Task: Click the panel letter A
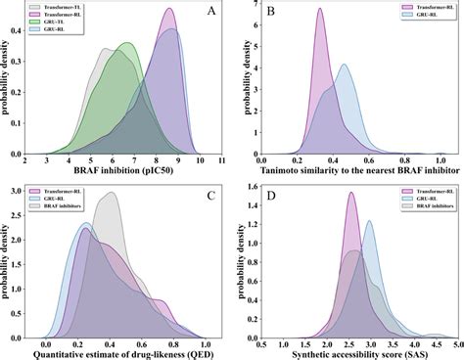tap(210, 13)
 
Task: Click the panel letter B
tap(267, 13)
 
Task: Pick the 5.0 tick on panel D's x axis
tap(457, 340)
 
